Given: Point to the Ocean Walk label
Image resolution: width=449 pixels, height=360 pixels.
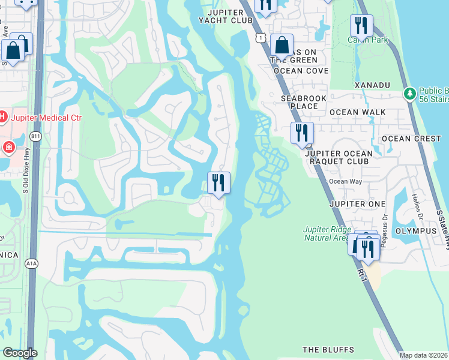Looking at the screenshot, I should click(357, 112).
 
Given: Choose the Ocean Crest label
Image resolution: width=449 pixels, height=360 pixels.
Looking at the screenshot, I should click(411, 139).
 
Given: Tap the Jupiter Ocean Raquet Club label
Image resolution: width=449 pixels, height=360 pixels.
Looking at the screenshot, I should click(339, 157).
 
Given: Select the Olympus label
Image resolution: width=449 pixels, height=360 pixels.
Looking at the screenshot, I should click(415, 231).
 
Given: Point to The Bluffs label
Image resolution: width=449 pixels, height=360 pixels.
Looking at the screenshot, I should click(328, 350).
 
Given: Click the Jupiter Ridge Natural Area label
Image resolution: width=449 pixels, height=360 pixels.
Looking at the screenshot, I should click(327, 233).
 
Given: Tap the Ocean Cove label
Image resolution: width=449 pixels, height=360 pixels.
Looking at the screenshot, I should click(301, 71).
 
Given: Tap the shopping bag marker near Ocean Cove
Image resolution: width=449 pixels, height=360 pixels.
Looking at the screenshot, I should click(282, 44).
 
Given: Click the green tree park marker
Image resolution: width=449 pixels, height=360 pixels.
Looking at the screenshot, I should click(410, 93).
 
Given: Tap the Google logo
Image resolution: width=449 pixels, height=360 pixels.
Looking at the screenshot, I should click(20, 353).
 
